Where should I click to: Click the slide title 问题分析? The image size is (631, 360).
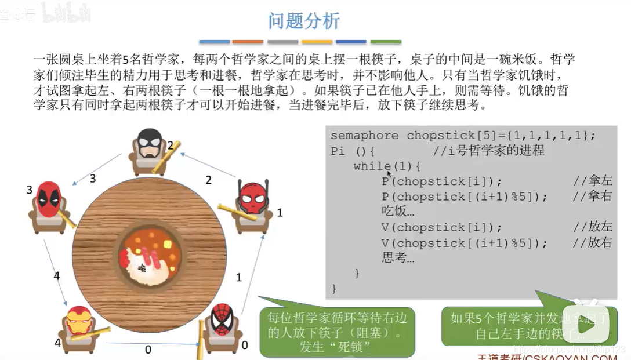(304, 21)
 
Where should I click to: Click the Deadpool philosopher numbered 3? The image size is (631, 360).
(49, 206)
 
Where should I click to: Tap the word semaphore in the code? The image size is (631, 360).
(364, 136)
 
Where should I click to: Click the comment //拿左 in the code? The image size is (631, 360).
(592, 181)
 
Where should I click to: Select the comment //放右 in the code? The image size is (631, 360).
(592, 242)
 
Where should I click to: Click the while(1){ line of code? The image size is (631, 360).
(387, 166)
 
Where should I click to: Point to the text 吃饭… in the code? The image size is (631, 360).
(398, 212)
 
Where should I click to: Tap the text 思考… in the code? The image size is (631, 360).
(398, 257)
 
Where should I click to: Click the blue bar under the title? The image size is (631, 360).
(215, 42)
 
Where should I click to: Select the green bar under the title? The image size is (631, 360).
(386, 42)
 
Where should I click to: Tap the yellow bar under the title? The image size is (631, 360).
(317, 42)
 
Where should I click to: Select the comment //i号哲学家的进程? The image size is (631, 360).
(488, 151)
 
